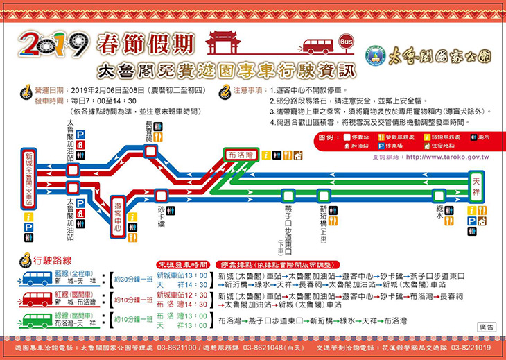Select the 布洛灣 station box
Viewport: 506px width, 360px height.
(241, 155)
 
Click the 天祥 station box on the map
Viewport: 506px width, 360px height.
(476, 180)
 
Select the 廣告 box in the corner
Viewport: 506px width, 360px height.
(487, 326)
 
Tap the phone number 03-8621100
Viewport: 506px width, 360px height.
(171, 347)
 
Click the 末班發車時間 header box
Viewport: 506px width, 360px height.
(182, 264)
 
